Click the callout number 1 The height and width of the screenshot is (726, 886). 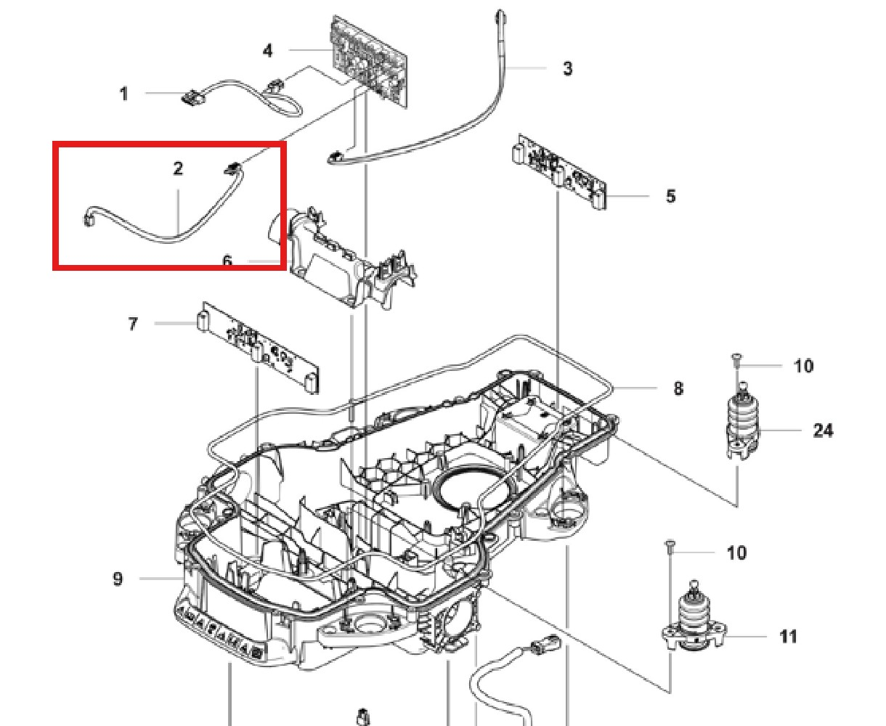124,94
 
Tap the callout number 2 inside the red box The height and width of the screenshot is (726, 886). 178,168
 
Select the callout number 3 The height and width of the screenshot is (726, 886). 567,68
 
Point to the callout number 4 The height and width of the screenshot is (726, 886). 268,50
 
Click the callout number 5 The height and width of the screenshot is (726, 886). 670,196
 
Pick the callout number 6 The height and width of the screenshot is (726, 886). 227,260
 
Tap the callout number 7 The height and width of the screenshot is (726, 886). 133,323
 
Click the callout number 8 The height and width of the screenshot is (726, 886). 678,388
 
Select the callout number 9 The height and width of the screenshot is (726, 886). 118,579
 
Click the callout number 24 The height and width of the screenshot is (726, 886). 823,431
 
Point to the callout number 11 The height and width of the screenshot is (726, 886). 788,637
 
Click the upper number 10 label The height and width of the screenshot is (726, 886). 803,365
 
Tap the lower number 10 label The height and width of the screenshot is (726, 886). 736,552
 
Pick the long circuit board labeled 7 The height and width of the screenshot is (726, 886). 258,344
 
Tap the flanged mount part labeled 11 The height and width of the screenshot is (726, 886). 694,621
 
